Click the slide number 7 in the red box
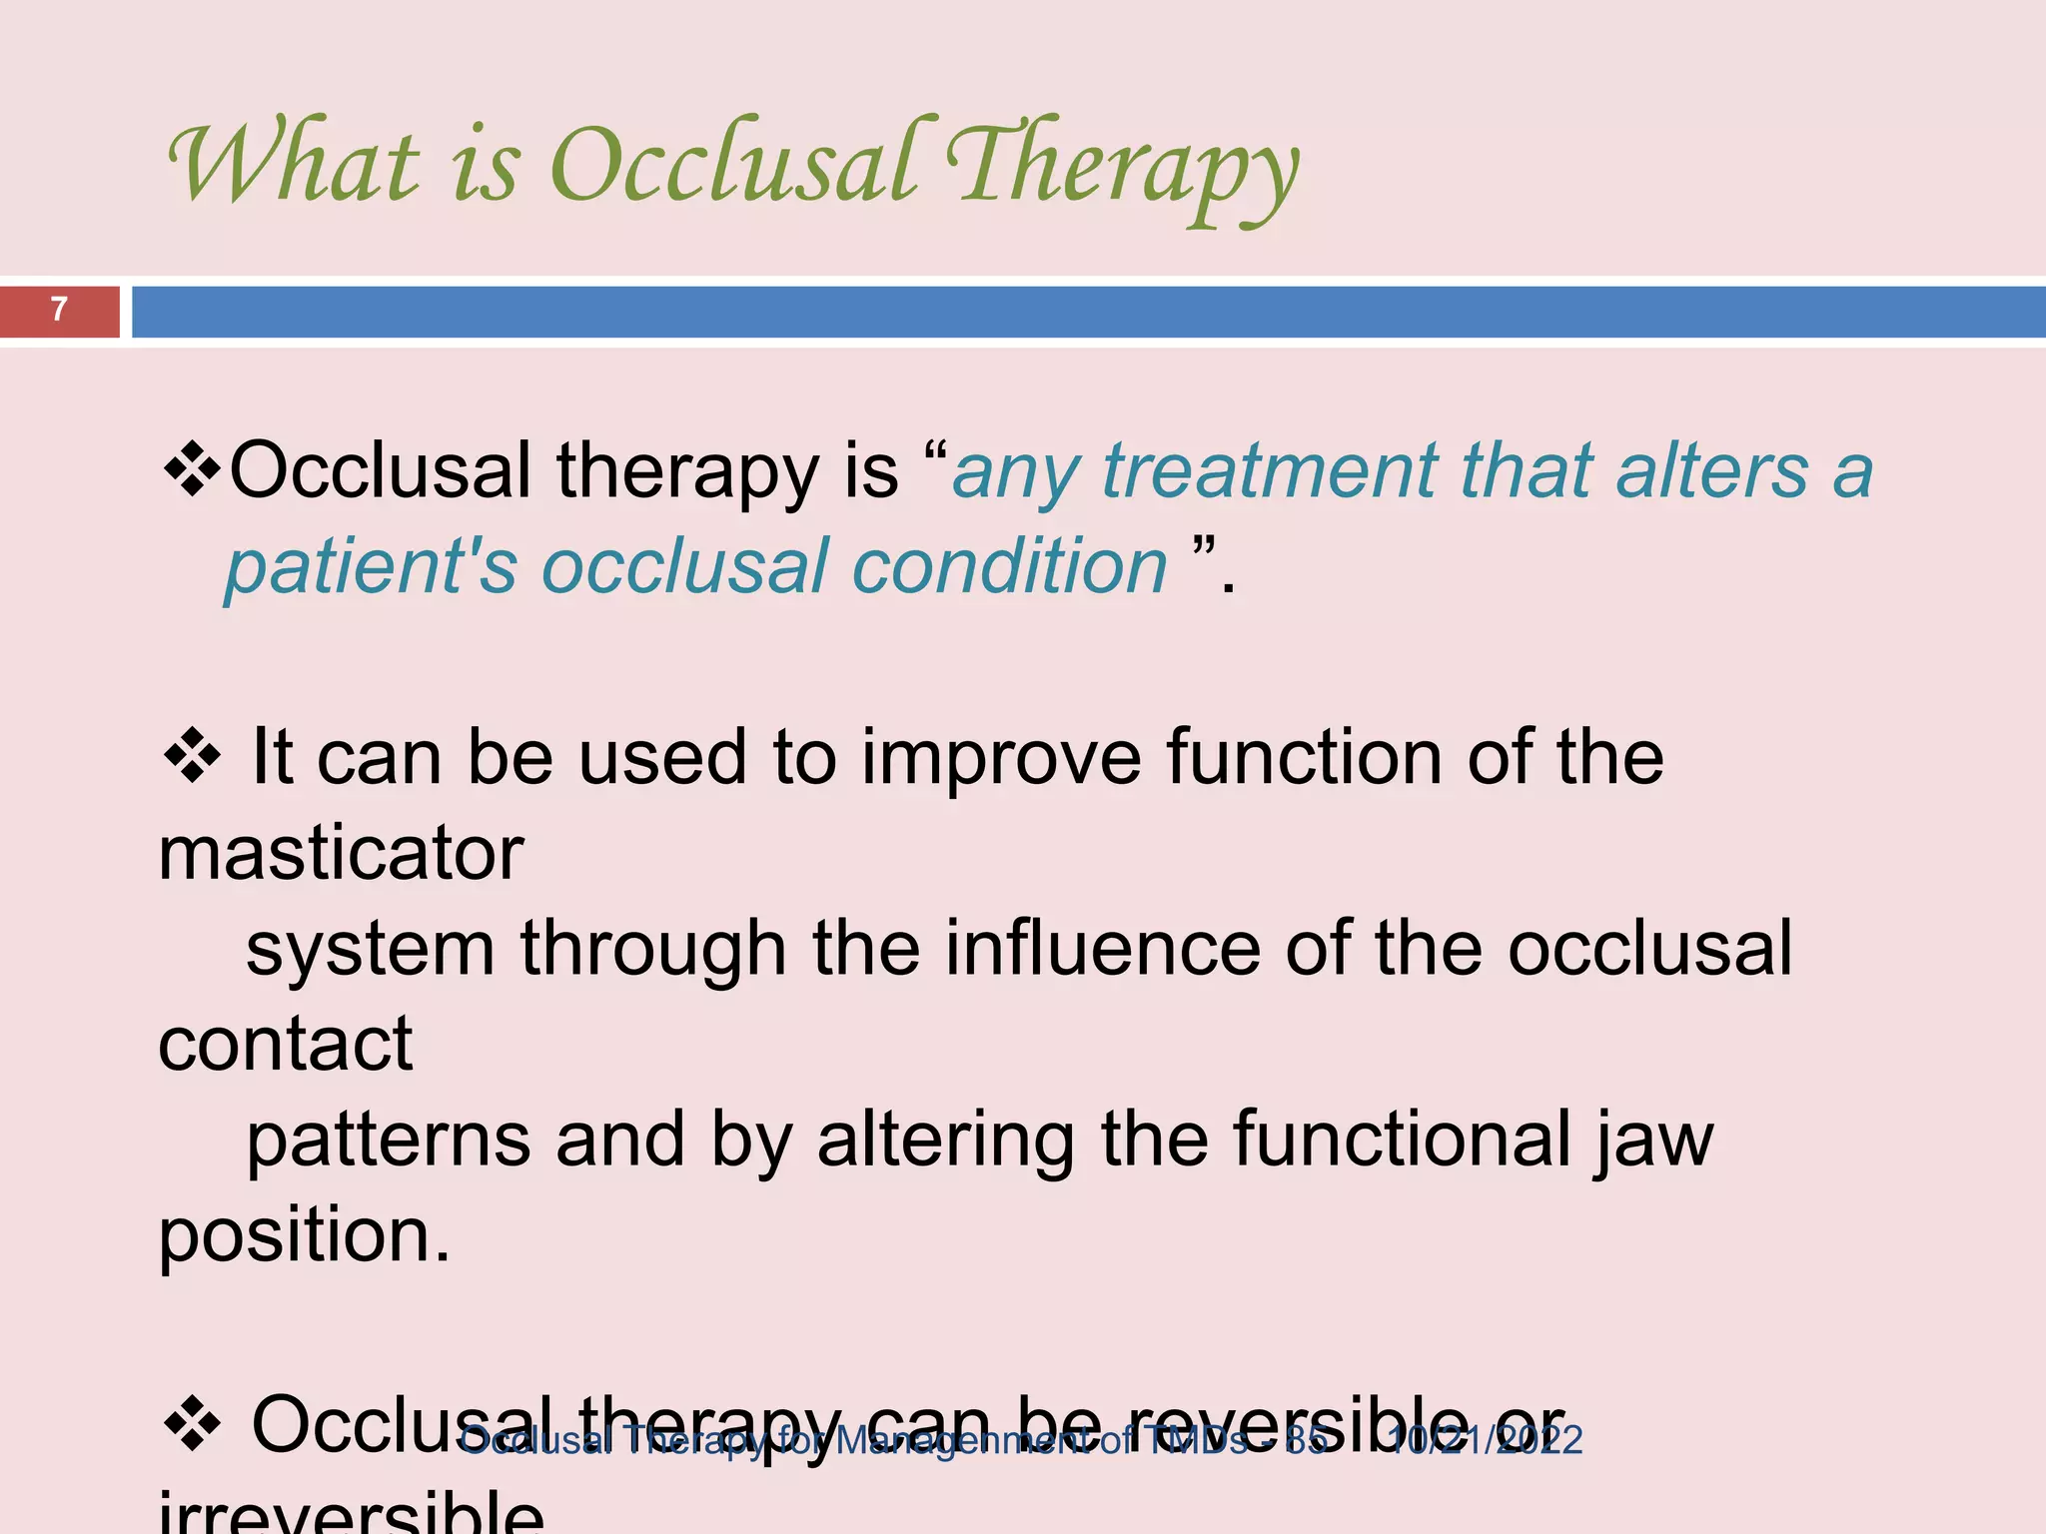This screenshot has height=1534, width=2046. click(x=59, y=310)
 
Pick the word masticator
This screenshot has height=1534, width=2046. click(x=341, y=854)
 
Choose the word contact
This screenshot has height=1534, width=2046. click(x=285, y=1045)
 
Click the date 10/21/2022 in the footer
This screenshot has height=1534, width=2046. click(x=1486, y=1440)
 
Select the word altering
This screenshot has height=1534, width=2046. click(x=946, y=1140)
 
